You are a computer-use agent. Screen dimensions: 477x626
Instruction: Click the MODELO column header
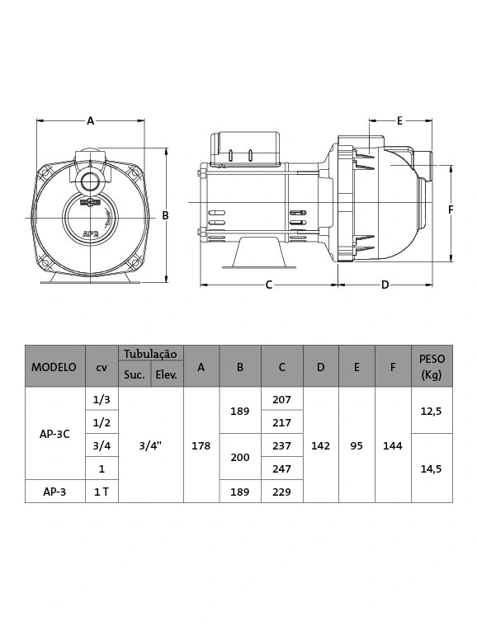54,367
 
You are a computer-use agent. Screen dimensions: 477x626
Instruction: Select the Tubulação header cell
150,354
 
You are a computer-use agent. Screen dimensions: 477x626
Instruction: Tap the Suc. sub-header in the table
135,374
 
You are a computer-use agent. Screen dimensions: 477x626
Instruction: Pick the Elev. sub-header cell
166,374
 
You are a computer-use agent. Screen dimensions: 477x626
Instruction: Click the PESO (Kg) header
432,366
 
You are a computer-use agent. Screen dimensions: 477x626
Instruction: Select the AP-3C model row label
54,434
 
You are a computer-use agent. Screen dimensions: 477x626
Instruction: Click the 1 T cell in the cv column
102,492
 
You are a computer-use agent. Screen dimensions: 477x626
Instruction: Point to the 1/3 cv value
102,399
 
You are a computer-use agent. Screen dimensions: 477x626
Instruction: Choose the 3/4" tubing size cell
150,445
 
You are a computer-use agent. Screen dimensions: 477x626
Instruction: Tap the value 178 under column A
201,445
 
